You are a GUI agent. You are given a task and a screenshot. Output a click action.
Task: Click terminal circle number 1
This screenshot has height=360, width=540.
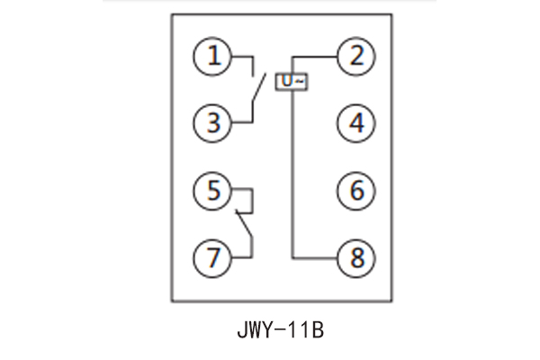213,58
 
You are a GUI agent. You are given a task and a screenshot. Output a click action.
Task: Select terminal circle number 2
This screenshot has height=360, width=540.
356,58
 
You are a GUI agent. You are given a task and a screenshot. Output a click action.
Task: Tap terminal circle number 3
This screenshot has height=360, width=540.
213,123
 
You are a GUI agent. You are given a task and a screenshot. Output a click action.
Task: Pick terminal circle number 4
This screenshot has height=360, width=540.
356,123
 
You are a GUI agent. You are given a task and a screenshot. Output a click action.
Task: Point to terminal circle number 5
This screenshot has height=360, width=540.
213,191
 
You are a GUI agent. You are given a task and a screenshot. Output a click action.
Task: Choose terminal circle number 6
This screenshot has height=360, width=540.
356,191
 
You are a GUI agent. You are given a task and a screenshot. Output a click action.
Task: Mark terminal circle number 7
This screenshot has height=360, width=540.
213,257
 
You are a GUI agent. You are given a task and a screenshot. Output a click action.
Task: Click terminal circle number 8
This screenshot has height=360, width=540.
356,257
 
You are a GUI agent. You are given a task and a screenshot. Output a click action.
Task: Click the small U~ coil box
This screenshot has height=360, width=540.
292,81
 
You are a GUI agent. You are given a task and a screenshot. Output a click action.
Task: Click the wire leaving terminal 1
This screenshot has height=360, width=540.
241,58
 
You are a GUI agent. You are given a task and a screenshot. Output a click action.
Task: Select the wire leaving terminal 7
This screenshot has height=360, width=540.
241,257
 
